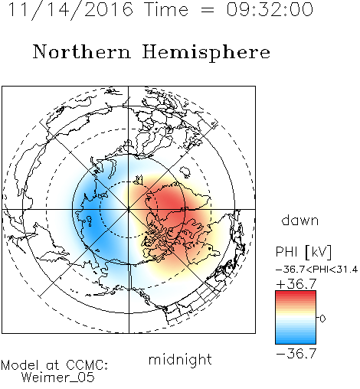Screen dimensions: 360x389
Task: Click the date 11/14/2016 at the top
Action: point(70,10)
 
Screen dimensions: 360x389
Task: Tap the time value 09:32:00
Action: point(270,9)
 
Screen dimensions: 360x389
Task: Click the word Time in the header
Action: point(166,9)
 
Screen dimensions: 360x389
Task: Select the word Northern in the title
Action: point(81,51)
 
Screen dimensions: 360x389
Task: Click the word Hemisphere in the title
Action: point(206,53)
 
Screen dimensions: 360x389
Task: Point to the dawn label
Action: point(300,220)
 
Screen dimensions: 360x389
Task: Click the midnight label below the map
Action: point(180,360)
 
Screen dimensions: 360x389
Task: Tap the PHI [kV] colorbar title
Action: point(304,252)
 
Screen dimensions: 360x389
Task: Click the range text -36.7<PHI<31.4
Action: point(316,270)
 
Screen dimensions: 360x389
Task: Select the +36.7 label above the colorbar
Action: point(296,284)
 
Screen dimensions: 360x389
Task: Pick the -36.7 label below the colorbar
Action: point(296,354)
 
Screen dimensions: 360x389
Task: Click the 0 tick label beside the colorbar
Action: point(322,319)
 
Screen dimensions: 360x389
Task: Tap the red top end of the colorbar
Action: point(296,293)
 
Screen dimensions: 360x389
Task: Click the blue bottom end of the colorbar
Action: point(296,342)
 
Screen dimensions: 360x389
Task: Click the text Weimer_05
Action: point(58,378)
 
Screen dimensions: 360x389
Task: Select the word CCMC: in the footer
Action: point(87,365)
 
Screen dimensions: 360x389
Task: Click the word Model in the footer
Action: point(20,365)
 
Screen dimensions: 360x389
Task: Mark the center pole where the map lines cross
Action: point(129,209)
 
